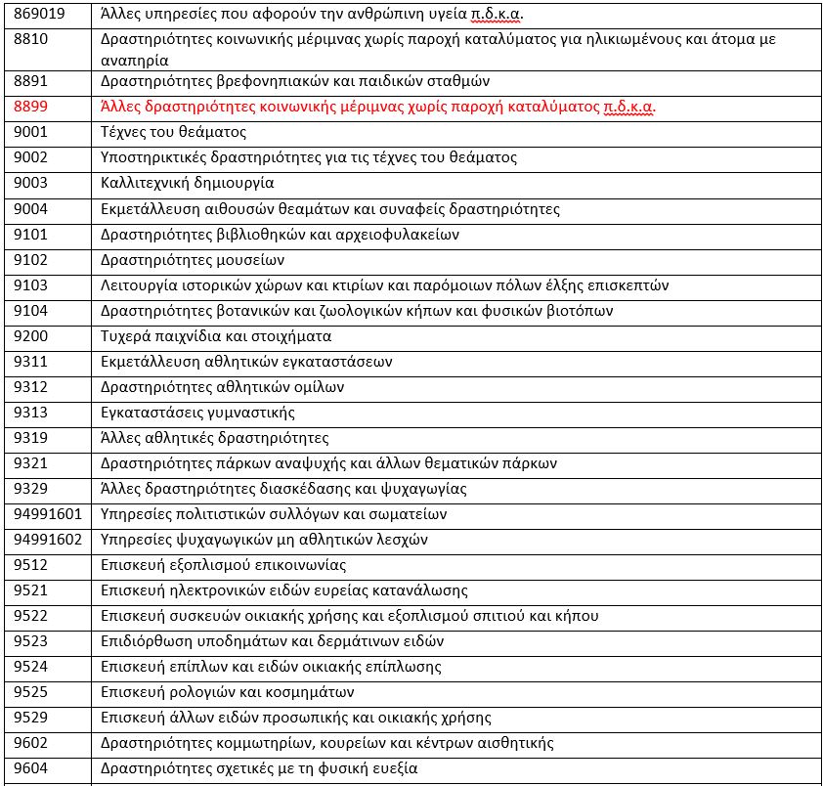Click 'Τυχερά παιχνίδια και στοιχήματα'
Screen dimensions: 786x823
[217, 336]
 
